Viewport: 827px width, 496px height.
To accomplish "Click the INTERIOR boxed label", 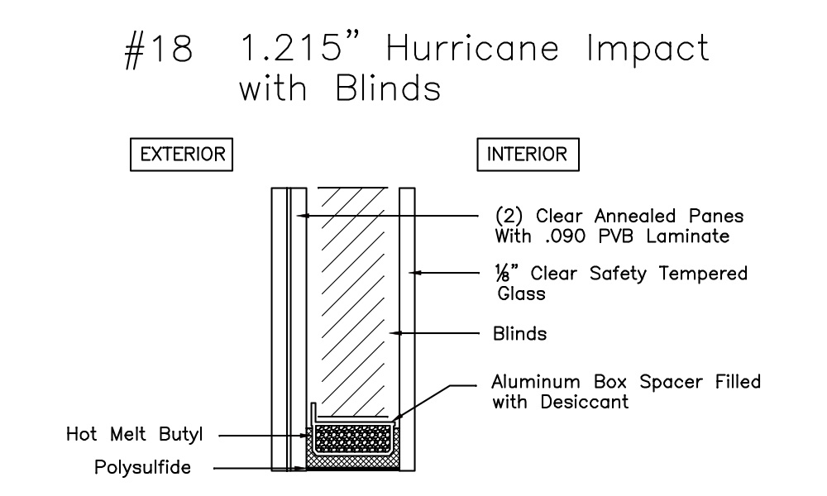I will point(528,155).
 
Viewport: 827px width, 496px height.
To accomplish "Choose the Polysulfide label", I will point(143,468).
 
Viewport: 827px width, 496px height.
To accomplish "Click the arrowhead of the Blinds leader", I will point(395,334).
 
